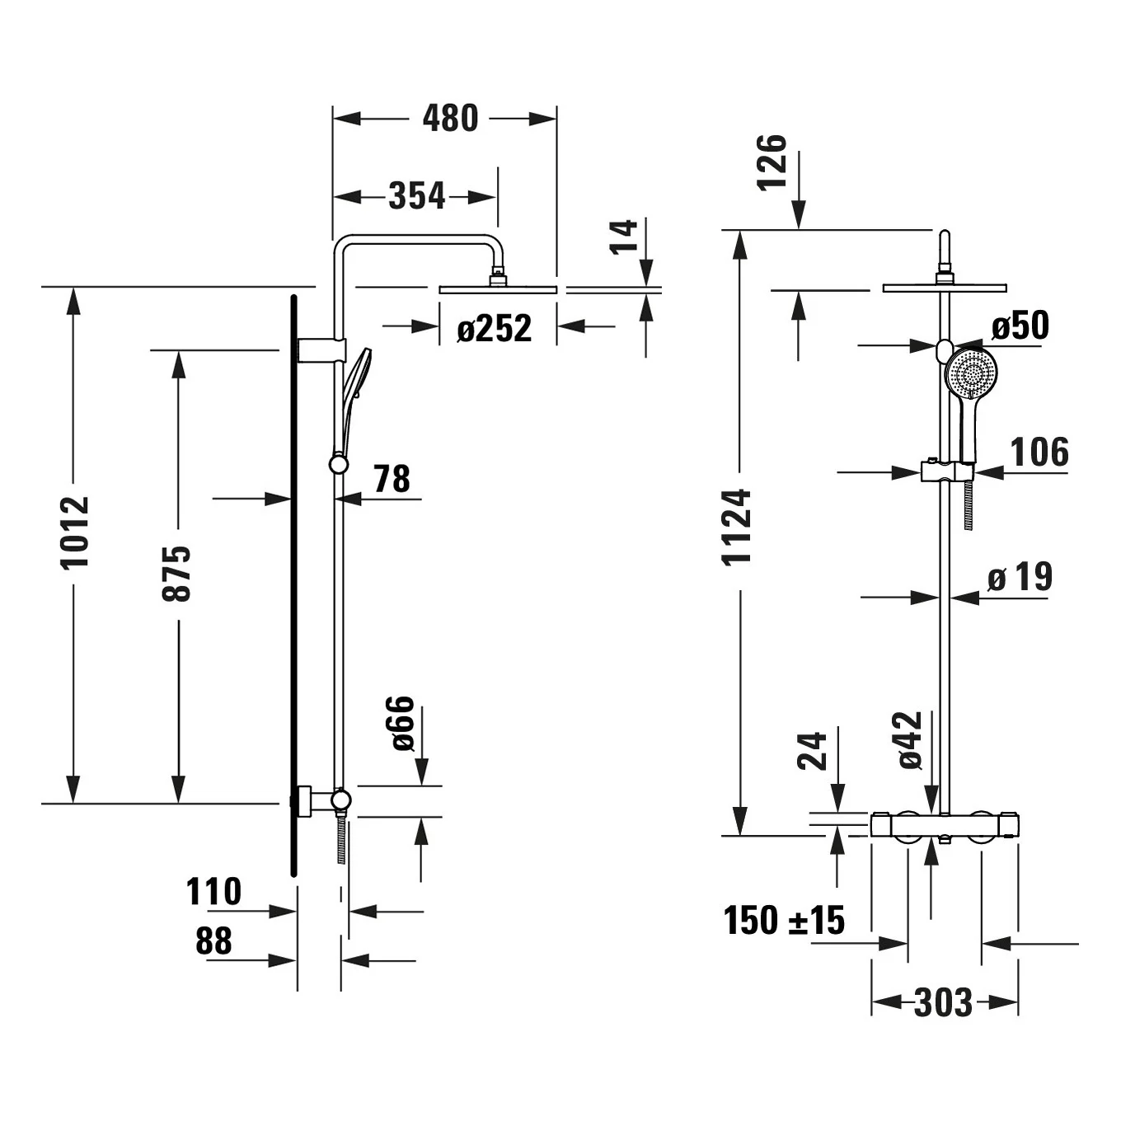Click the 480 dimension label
pyautogui.click(x=450, y=119)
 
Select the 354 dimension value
pyautogui.click(x=416, y=196)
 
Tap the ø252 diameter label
pyautogui.click(x=495, y=328)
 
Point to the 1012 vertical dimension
pyautogui.click(x=75, y=532)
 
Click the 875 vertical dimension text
pyautogui.click(x=176, y=574)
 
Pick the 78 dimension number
pyautogui.click(x=392, y=478)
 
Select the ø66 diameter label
pyautogui.click(x=401, y=723)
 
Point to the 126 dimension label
pyautogui.click(x=772, y=162)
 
